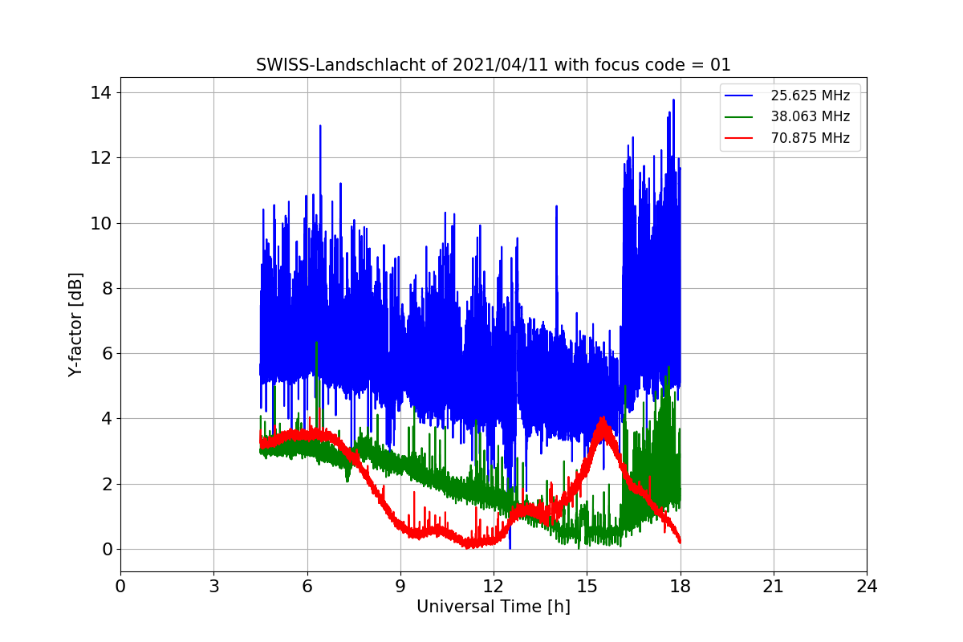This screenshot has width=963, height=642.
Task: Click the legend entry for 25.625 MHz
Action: [x=810, y=95]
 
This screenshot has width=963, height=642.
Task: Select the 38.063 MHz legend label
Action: [x=810, y=116]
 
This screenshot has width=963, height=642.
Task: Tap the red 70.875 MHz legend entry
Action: [x=810, y=138]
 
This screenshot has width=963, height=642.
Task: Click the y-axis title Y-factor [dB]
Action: [x=75, y=324]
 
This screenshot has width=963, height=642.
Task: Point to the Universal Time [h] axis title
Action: [x=493, y=607]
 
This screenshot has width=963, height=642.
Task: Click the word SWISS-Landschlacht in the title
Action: [x=335, y=65]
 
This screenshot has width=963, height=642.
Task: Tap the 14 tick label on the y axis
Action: [x=100, y=92]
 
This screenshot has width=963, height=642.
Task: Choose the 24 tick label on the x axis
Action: [x=866, y=587]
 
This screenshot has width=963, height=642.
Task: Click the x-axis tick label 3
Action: [x=213, y=587]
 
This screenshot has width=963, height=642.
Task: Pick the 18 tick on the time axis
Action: [x=680, y=587]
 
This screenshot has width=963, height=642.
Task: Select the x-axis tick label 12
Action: [x=493, y=587]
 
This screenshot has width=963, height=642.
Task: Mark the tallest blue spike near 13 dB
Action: [x=320, y=126]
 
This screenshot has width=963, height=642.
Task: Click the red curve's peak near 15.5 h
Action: [x=602, y=420]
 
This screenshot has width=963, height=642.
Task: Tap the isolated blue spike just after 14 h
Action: [x=556, y=206]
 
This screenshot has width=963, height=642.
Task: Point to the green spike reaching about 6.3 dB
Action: [x=317, y=343]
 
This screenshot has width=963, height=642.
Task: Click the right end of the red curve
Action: [x=680, y=541]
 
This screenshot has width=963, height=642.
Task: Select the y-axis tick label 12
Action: [x=100, y=157]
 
